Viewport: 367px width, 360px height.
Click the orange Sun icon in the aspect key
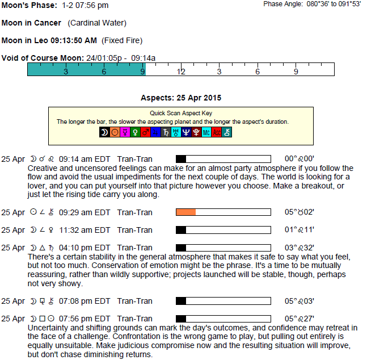115,132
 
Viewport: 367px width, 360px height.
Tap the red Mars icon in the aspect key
145,132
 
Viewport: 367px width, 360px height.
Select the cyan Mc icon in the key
206,132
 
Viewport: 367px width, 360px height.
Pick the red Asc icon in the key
217,132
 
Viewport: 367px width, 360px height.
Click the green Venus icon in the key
135,132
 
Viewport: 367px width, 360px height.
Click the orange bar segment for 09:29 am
186,212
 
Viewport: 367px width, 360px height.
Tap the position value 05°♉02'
299,212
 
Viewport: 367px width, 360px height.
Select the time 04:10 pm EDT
85,248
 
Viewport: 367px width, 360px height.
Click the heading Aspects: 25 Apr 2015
181,98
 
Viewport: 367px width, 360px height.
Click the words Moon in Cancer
31,23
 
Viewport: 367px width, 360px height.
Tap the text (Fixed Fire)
122,40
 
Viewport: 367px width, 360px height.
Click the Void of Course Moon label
43,58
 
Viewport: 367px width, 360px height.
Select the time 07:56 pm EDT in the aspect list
85,319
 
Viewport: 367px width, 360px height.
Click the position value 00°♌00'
299,158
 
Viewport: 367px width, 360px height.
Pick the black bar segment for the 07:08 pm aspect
181,301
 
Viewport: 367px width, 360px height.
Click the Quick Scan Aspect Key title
181,113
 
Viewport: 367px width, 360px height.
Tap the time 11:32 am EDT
85,230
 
